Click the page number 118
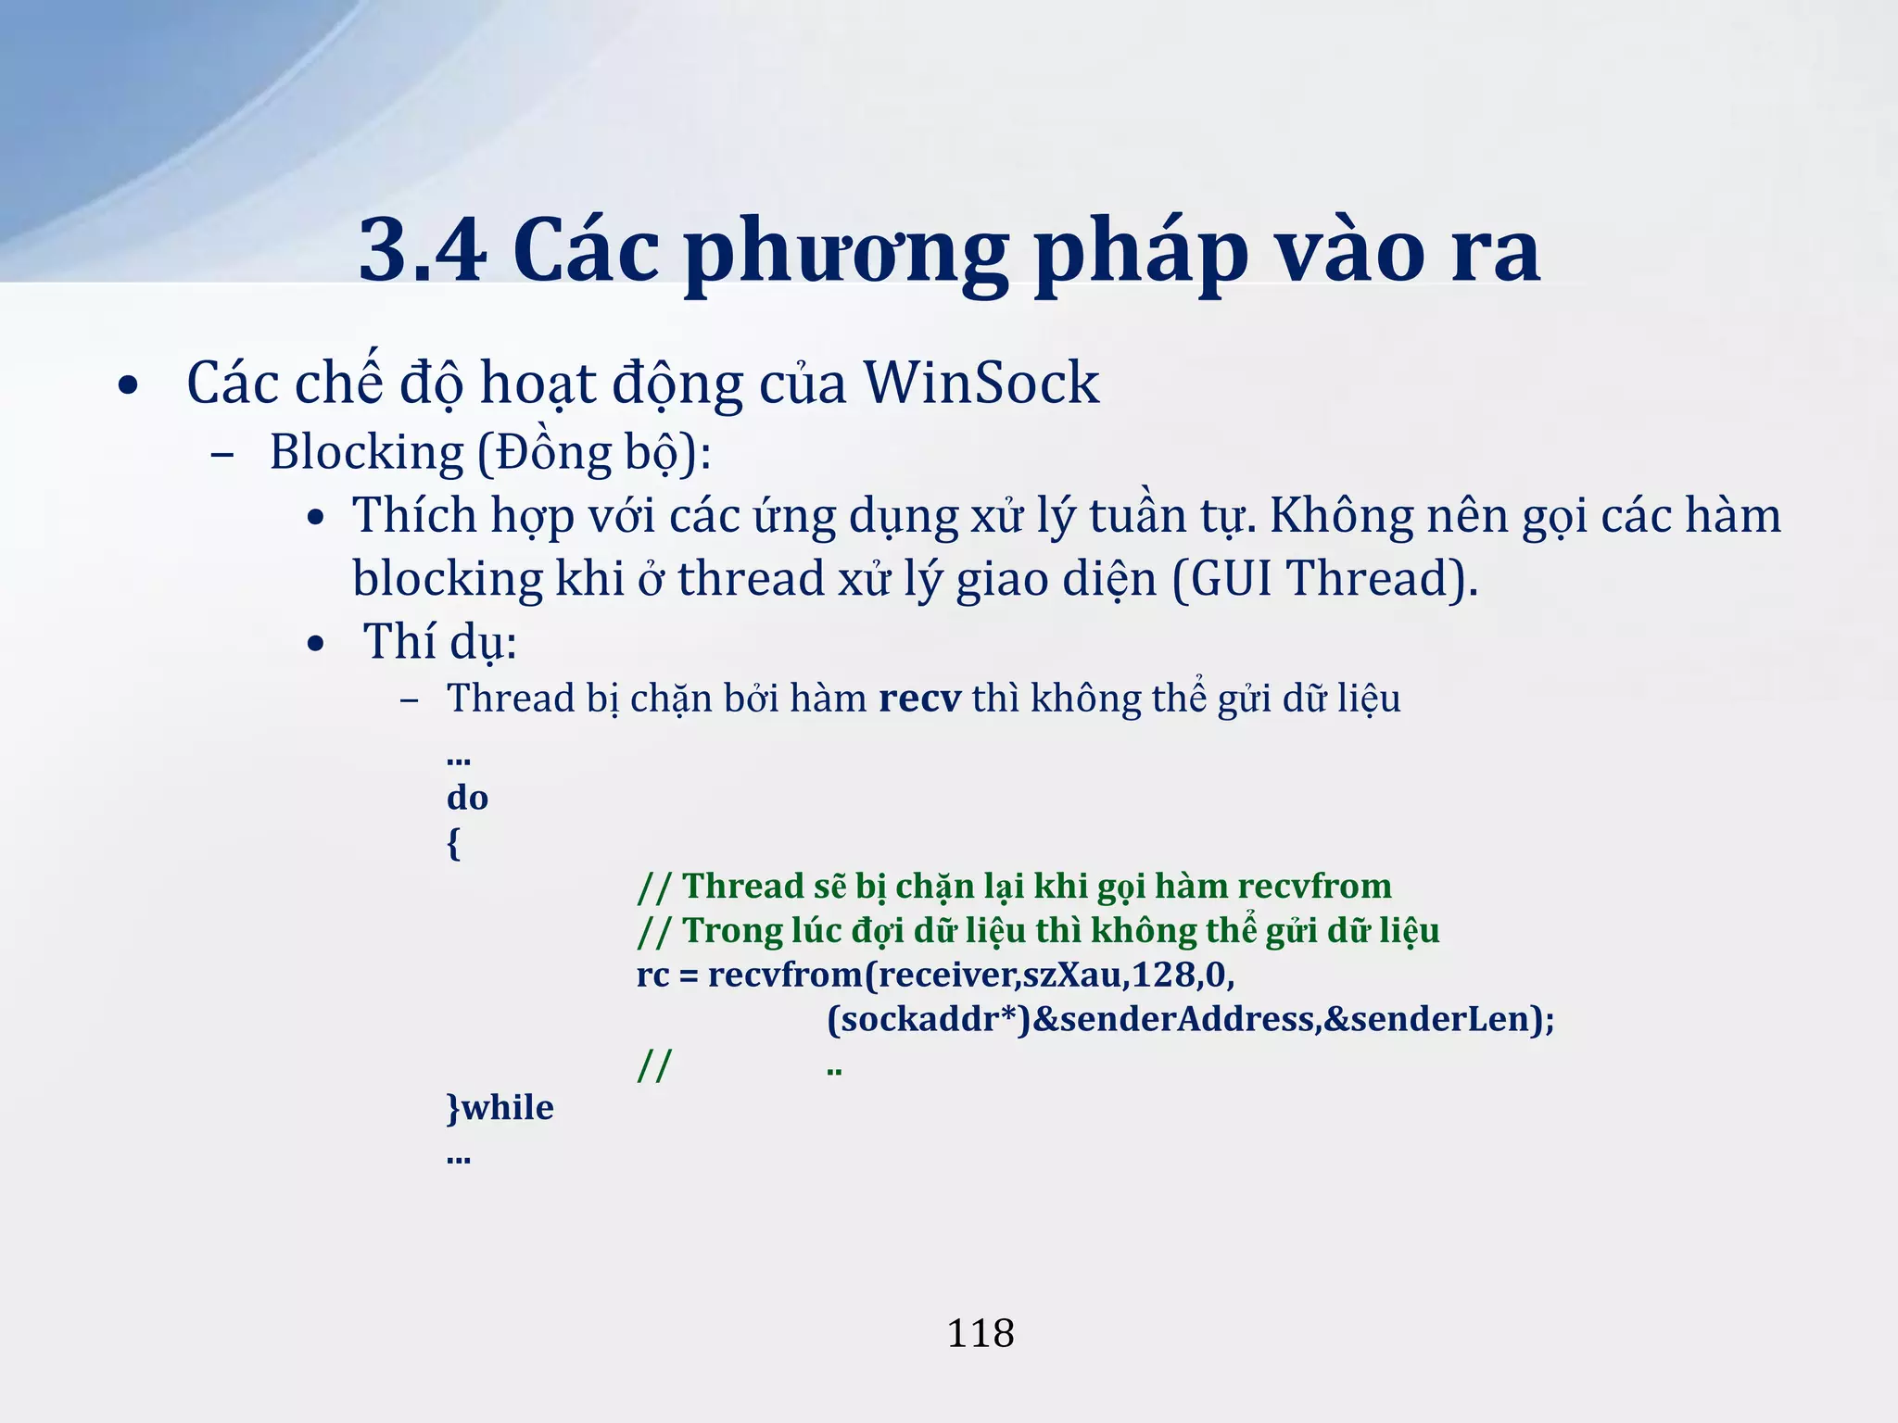[x=980, y=1333]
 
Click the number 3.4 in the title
[x=422, y=250]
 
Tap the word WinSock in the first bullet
[x=981, y=383]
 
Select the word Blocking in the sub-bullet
[x=366, y=453]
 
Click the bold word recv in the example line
[x=919, y=699]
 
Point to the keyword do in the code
[x=467, y=798]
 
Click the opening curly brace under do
[x=453, y=843]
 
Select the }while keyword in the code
[x=500, y=1108]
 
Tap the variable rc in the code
[x=652, y=976]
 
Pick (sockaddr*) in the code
[x=929, y=1019]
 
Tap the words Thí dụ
[x=439, y=642]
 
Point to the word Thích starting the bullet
[x=413, y=516]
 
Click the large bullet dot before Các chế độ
[x=129, y=385]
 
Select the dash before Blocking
[x=221, y=455]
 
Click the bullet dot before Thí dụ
[x=316, y=644]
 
